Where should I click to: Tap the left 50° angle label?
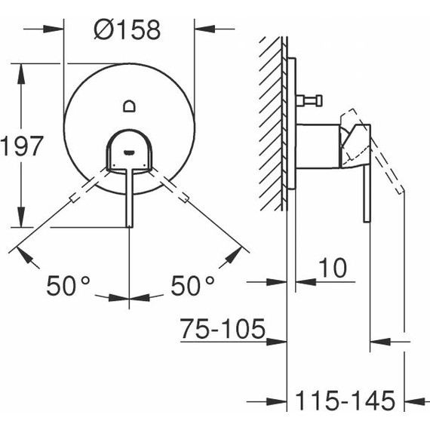click(x=68, y=286)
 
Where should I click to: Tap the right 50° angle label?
click(x=192, y=286)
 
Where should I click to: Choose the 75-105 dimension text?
click(x=223, y=330)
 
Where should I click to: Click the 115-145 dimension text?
click(x=346, y=401)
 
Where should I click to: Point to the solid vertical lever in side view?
click(x=367, y=189)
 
